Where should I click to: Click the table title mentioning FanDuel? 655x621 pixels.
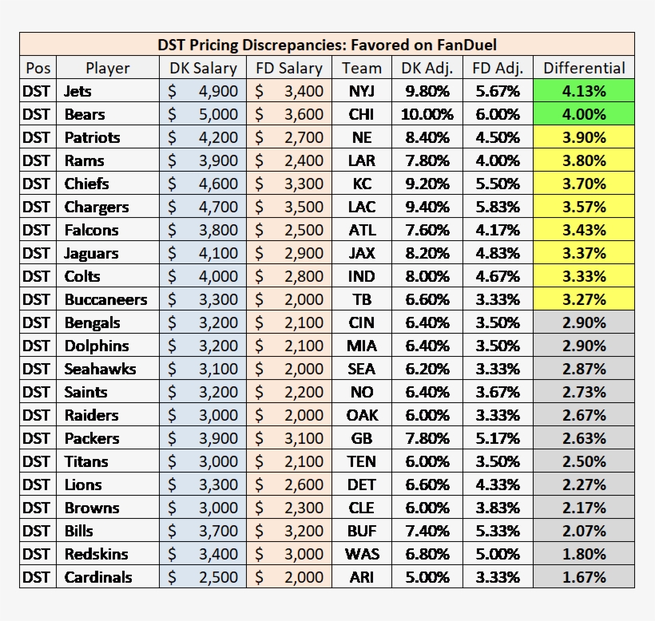click(327, 45)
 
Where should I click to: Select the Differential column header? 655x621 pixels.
click(584, 68)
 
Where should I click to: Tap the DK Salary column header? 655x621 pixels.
click(203, 68)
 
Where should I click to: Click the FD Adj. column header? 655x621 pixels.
click(498, 68)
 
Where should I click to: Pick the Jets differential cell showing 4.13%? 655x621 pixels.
click(584, 91)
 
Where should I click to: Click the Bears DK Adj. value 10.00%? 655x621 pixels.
click(427, 114)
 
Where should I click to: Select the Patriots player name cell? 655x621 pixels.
click(93, 137)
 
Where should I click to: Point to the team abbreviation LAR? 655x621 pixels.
click(362, 160)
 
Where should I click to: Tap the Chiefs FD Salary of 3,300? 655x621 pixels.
click(289, 184)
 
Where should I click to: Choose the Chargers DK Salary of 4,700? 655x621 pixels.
click(203, 207)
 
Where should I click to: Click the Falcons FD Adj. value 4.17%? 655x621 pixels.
click(498, 230)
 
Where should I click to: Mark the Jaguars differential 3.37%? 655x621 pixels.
click(584, 253)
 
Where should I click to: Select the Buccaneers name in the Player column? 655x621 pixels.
click(105, 299)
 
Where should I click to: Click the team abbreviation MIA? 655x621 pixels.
click(362, 346)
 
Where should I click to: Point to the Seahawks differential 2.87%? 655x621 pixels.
click(584, 369)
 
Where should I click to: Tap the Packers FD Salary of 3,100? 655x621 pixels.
click(289, 438)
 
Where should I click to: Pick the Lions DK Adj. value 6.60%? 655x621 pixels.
click(427, 485)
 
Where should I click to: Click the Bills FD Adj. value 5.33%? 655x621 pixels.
click(498, 531)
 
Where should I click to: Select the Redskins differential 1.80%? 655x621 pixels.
click(584, 554)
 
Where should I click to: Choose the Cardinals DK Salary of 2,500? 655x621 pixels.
click(203, 577)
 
